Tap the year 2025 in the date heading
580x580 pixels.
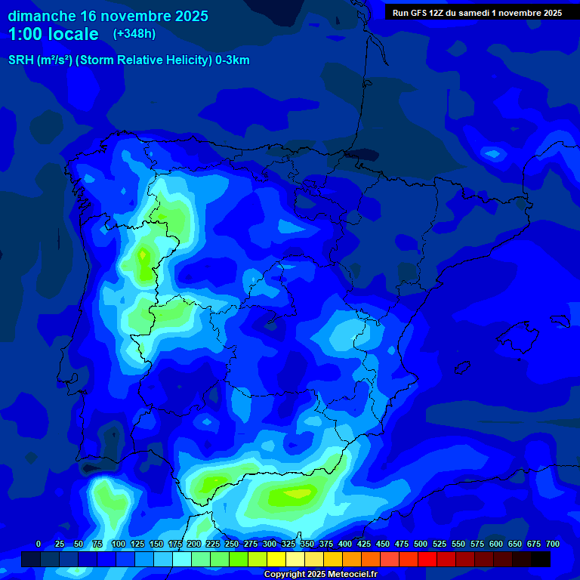189,16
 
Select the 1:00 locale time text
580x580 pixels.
54,34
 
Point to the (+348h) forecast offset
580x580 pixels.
134,34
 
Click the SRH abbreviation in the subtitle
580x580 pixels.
20,60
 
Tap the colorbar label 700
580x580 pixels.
553,544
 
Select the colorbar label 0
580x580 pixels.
39,544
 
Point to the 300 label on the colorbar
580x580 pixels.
270,544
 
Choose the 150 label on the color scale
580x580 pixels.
156,544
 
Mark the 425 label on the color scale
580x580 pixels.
364,544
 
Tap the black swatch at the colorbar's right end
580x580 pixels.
541,560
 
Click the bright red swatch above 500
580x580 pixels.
409,560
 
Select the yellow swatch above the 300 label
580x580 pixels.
276,560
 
